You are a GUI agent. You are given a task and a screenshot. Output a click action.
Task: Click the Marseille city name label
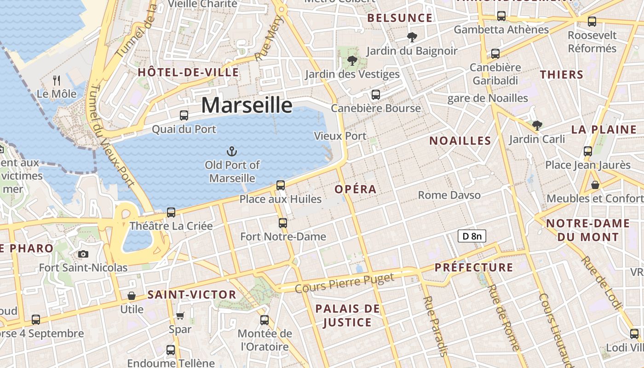(x=247, y=105)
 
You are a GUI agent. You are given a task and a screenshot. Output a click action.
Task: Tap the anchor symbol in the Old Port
(x=232, y=151)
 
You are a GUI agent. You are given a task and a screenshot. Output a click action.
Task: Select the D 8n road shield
(x=472, y=236)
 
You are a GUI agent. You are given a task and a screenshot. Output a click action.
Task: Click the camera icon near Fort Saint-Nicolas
(x=83, y=254)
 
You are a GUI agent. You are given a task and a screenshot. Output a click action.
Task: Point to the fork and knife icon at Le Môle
(x=57, y=80)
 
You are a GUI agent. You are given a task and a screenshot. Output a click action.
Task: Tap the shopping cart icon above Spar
(x=180, y=316)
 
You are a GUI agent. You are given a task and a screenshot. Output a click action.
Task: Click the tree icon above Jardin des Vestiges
(x=352, y=60)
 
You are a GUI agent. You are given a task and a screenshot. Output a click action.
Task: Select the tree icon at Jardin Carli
(x=537, y=125)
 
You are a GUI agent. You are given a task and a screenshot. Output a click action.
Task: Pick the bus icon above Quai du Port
(x=184, y=115)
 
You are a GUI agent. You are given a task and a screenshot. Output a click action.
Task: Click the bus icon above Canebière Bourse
(x=376, y=95)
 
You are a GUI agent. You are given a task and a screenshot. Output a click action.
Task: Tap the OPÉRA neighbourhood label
(x=356, y=189)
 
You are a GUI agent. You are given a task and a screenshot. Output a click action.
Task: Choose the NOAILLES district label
(x=460, y=141)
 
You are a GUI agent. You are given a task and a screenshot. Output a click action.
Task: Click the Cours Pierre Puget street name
(x=345, y=283)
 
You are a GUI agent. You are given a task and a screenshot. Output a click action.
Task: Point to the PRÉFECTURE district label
(x=474, y=267)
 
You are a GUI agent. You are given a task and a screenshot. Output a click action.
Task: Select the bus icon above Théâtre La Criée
(x=171, y=212)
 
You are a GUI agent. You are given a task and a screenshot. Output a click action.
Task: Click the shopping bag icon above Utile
(x=132, y=295)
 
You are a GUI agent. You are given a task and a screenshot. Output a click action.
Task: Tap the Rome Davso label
(x=449, y=195)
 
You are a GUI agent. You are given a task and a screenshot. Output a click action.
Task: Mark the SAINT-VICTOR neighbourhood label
(x=192, y=295)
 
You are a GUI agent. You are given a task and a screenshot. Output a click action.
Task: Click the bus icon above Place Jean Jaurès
(x=587, y=151)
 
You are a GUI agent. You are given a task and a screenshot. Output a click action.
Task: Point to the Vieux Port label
(x=340, y=136)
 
